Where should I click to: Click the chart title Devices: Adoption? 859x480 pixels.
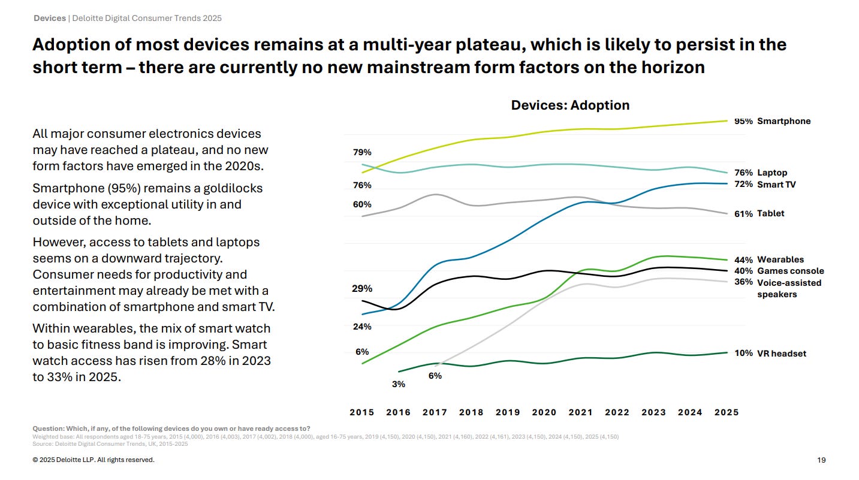(570, 105)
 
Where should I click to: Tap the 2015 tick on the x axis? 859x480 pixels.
(361, 412)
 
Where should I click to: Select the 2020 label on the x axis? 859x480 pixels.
(544, 412)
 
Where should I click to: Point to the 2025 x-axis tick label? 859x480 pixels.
(726, 412)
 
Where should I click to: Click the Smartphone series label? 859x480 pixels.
(783, 121)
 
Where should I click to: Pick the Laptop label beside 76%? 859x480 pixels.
(772, 173)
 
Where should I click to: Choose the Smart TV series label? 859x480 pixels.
(776, 185)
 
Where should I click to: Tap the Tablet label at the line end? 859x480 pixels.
(770, 213)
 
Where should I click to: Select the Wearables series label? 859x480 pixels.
(780, 259)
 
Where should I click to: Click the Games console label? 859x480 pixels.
(790, 271)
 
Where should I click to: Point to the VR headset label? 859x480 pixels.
(782, 354)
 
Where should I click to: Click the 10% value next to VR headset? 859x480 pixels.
(743, 354)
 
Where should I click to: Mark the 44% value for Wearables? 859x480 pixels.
(743, 259)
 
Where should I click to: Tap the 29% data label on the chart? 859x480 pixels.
(361, 288)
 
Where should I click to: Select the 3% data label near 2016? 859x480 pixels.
(399, 384)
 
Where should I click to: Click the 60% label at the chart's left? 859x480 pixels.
(361, 204)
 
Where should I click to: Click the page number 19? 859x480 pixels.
(821, 460)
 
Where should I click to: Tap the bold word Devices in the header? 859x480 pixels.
(50, 18)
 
